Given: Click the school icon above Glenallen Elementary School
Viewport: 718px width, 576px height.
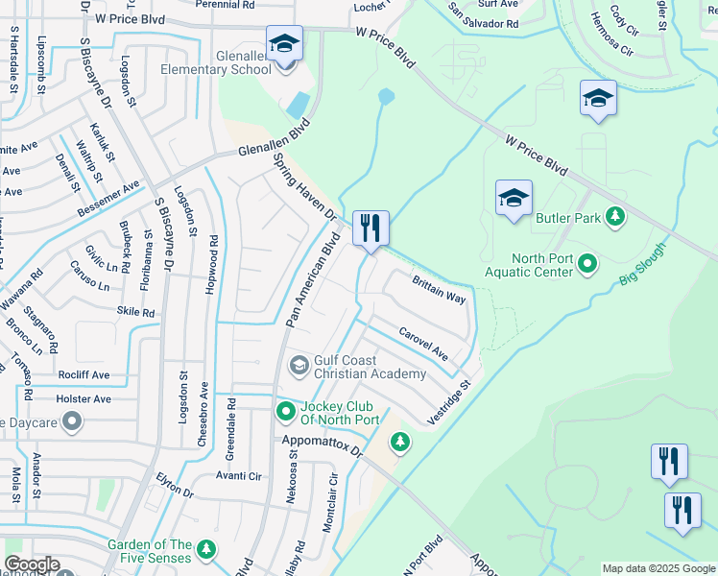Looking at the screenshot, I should [284, 44].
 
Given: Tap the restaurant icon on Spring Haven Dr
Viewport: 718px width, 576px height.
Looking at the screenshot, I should [371, 228].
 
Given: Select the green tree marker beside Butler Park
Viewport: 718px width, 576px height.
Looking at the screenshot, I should [616, 218].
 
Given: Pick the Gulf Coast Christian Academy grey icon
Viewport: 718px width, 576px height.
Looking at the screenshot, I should [299, 364].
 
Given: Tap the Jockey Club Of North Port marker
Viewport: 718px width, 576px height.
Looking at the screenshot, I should [285, 412].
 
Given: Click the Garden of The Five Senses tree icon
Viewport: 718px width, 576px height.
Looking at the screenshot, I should [205, 549].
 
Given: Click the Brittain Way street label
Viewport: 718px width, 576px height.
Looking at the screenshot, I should [439, 289].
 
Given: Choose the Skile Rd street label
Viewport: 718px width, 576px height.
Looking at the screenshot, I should [135, 313].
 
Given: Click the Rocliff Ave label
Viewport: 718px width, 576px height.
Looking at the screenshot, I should [83, 375].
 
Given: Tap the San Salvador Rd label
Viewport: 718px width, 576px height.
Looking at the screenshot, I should [484, 15].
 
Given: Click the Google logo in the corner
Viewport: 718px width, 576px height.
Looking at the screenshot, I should [32, 564].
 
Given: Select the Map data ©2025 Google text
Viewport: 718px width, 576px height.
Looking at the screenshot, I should [658, 568].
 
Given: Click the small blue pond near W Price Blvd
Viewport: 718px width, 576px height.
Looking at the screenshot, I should [386, 97].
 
